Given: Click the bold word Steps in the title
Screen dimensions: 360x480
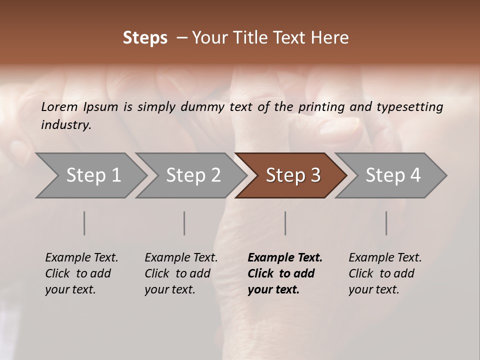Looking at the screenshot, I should click(145, 38).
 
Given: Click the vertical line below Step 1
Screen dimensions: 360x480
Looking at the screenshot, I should click(84, 223).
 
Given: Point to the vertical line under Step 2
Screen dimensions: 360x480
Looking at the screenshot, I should click(184, 223).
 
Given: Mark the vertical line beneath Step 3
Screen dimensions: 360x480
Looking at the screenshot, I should click(285, 223).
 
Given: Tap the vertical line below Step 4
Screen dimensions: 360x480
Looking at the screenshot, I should click(386, 223).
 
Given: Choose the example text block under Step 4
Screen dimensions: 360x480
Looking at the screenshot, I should click(385, 273).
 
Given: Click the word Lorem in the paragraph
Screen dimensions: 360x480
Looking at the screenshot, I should click(59, 106).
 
